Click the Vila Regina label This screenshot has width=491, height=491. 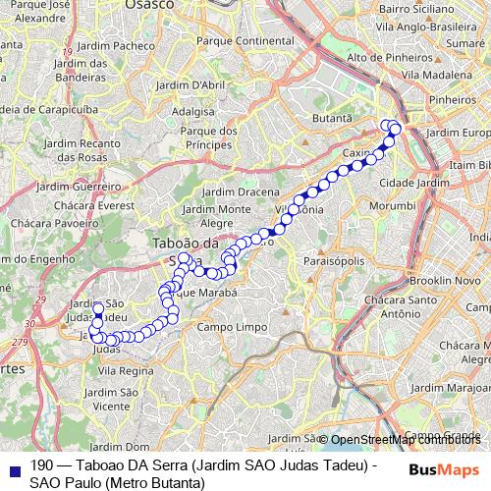[126, 370]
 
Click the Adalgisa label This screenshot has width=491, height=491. [192, 112]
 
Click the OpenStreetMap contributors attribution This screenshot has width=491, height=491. [405, 440]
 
